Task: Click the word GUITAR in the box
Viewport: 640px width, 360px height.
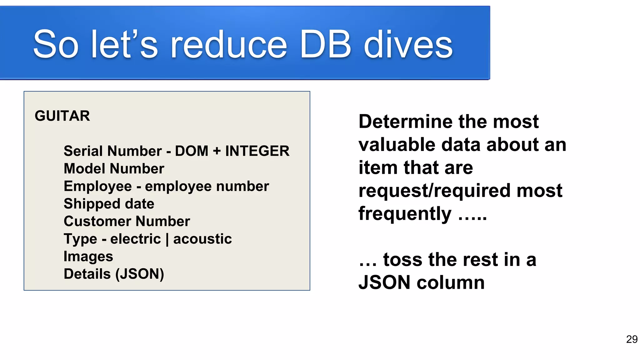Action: (62, 116)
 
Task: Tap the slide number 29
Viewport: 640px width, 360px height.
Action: (632, 339)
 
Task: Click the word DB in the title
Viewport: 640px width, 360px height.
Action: (325, 44)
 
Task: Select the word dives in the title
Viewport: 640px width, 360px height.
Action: (408, 44)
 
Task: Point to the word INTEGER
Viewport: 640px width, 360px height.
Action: (257, 151)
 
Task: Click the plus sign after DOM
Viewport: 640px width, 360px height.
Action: (217, 151)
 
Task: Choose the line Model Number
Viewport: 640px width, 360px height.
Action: (114, 169)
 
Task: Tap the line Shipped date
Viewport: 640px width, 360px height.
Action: (109, 204)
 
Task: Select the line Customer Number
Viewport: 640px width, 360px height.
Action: (127, 221)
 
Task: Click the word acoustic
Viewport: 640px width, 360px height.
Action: (202, 239)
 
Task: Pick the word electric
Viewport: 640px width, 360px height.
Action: (135, 239)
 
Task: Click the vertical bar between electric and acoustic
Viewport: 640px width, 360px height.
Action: (167, 239)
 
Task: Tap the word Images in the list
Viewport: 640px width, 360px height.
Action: (88, 257)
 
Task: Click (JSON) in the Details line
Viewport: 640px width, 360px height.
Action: (140, 274)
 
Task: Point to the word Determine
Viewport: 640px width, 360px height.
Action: (403, 122)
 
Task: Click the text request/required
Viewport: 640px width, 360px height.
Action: (434, 191)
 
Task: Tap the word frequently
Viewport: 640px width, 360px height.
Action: (405, 214)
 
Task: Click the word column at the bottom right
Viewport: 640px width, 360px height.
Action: (451, 283)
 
